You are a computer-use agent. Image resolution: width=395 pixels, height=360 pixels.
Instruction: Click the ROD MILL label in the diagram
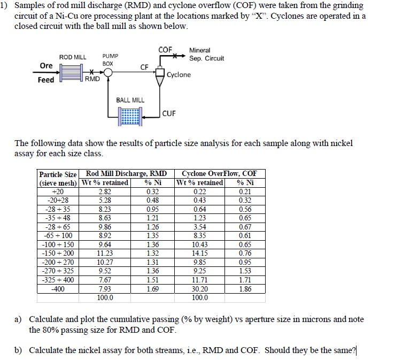pyautogui.click(x=72, y=57)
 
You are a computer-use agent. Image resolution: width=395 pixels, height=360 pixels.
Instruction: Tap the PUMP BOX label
pyautogui.click(x=110, y=59)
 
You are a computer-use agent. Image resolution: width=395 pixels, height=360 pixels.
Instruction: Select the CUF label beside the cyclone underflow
pyautogui.click(x=169, y=113)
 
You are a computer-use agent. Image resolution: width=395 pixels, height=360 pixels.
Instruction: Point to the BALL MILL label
pyautogui.click(x=130, y=100)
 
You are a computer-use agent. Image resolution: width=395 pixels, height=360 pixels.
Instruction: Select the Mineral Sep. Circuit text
pyautogui.click(x=206, y=54)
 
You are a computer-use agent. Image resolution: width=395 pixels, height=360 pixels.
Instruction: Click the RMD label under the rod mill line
pyautogui.click(x=92, y=80)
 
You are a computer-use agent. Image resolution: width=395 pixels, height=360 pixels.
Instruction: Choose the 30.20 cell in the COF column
pyautogui.click(x=199, y=289)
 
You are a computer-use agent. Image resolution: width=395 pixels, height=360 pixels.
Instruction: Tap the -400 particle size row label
pyautogui.click(x=57, y=289)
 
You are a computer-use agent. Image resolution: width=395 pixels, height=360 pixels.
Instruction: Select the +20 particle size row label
pyautogui.click(x=57, y=191)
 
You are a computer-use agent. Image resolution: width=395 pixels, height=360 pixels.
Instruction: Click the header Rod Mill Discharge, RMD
pyautogui.click(x=126, y=173)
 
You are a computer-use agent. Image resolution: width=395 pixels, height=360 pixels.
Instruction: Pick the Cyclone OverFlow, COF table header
pyautogui.click(x=219, y=173)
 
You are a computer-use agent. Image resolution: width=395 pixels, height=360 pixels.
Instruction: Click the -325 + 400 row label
pyautogui.click(x=58, y=280)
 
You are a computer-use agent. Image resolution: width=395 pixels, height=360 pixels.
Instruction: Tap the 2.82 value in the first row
pyautogui.click(x=105, y=191)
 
